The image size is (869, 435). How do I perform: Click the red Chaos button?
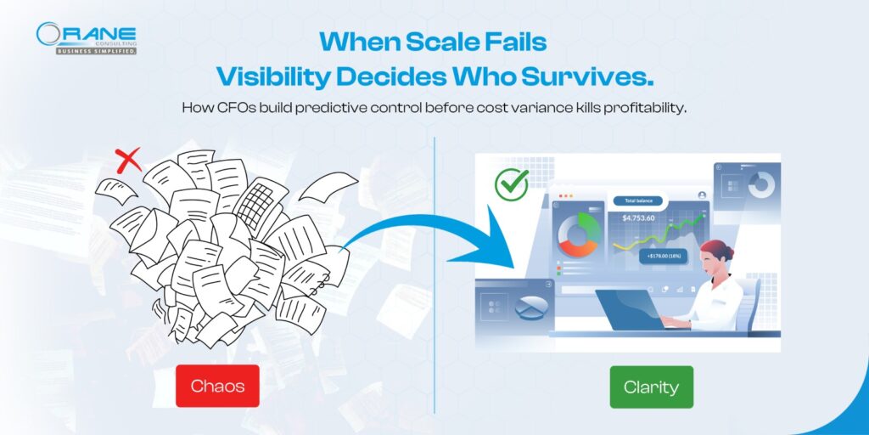click(217, 386)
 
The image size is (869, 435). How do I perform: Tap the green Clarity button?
click(651, 387)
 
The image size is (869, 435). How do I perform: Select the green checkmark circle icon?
click(511, 182)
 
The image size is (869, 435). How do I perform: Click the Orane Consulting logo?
click(87, 37)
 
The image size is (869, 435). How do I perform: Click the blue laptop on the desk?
click(631, 310)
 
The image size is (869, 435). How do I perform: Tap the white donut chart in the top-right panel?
click(760, 184)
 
